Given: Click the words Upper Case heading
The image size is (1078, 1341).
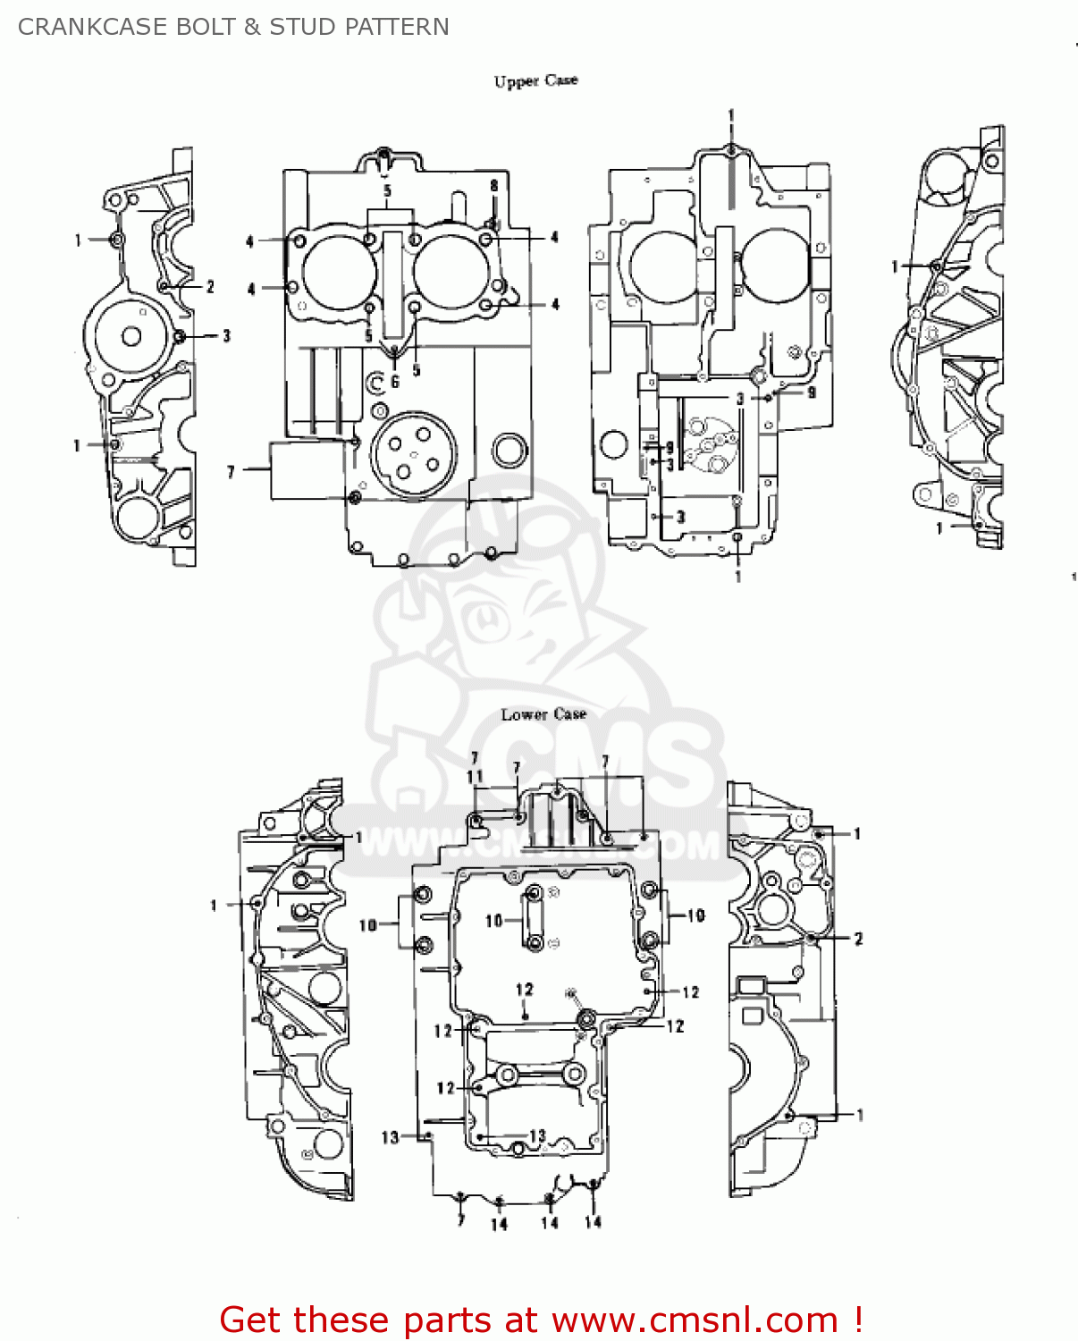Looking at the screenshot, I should coord(535,80).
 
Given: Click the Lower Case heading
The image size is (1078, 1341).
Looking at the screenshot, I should coord(543,714).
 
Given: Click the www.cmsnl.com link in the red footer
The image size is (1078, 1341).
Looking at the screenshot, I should coord(695,1320).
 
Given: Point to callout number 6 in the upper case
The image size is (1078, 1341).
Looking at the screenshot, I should coord(395,382).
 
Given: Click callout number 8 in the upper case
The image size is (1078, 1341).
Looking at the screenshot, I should coord(493,186).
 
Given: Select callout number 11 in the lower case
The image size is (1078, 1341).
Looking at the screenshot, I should coord(475,777).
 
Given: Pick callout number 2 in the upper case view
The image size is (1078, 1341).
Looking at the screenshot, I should coord(210,287).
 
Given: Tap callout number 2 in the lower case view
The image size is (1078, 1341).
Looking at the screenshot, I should coord(858,939).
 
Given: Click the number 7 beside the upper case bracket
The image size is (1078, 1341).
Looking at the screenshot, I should coord(231,471).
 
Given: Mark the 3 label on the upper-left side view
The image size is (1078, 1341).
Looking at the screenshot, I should coord(226,335).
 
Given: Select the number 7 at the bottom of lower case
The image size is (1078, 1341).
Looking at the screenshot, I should coord(460,1219).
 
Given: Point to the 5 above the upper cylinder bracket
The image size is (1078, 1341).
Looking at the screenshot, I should coord(387,191).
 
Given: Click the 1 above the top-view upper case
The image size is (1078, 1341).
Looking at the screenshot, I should coord(731,116).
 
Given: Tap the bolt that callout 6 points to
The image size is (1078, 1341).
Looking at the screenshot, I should coord(395,350).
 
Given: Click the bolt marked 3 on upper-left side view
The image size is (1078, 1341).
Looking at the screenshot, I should coord(180,336).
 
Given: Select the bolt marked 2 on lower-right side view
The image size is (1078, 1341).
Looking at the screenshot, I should coord(810,939).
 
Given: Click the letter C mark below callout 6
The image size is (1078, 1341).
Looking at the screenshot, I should coord(376,383).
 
